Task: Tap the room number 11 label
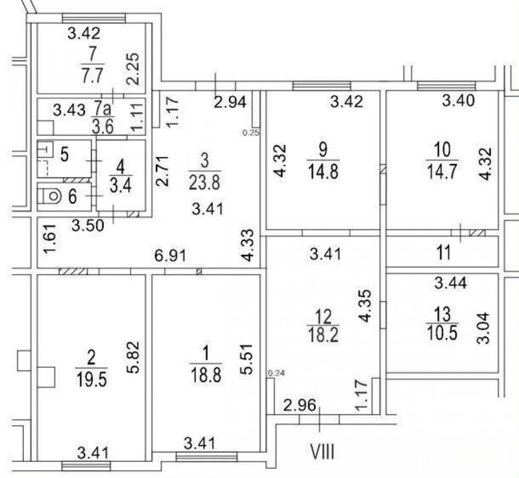click(x=444, y=253)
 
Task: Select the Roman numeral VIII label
click(x=322, y=452)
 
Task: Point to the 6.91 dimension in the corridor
click(x=170, y=256)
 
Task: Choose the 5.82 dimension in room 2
click(x=134, y=357)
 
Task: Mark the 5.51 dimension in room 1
click(x=247, y=359)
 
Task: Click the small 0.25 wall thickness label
click(x=250, y=133)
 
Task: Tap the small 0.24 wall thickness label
click(x=276, y=373)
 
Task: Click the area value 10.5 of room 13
click(x=442, y=332)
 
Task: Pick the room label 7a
click(x=103, y=108)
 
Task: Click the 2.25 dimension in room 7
click(x=133, y=69)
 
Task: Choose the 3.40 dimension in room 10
click(x=458, y=100)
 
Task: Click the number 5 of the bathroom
click(x=64, y=154)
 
